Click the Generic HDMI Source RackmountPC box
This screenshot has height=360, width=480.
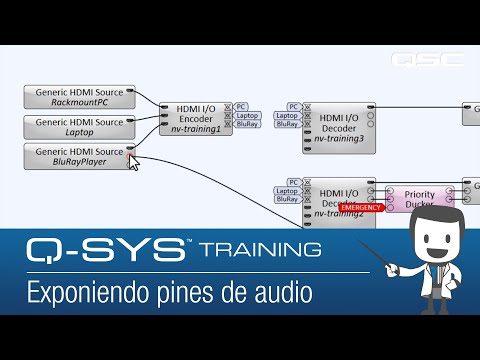point(80,97)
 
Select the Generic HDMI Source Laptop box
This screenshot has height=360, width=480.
point(80,126)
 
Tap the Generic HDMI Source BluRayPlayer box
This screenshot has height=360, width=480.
point(80,155)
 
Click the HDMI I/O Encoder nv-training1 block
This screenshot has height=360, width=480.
point(196,117)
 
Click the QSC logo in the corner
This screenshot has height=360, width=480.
point(428,58)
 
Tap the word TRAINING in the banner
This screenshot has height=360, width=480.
point(260,248)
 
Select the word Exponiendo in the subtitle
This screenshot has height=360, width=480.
point(81,293)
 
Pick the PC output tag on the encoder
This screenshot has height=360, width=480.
point(242,105)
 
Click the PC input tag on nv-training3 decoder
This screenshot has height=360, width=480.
point(293,106)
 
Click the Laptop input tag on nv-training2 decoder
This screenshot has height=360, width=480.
point(287,190)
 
